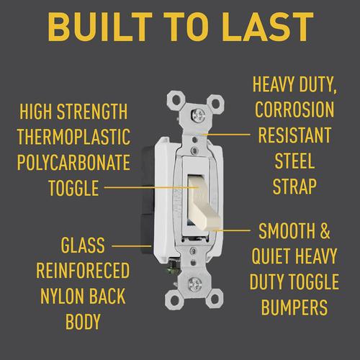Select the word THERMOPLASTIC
tap(74, 137)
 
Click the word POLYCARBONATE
tap(73, 162)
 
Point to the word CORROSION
tap(294, 109)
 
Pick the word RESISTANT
tap(294, 135)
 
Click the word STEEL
tap(294, 161)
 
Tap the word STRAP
tap(294, 186)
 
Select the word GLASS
tap(83, 245)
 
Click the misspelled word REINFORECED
tap(83, 271)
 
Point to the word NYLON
tap(63, 296)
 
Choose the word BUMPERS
tap(294, 307)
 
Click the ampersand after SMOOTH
tap(325, 230)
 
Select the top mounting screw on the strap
tap(197, 115)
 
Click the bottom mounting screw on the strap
tap(194, 284)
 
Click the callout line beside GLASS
tap(132, 246)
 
